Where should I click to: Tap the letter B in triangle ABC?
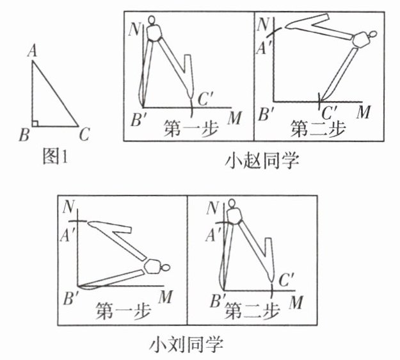(x=24, y=135)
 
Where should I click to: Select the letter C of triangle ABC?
(x=84, y=135)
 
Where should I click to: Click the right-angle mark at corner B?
(x=36, y=122)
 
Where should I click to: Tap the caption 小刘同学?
(x=187, y=346)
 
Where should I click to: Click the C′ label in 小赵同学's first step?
(x=206, y=99)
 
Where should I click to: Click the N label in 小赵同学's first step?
(x=134, y=29)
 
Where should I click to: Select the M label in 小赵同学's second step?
(x=364, y=113)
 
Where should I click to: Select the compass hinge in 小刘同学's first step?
(x=154, y=266)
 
